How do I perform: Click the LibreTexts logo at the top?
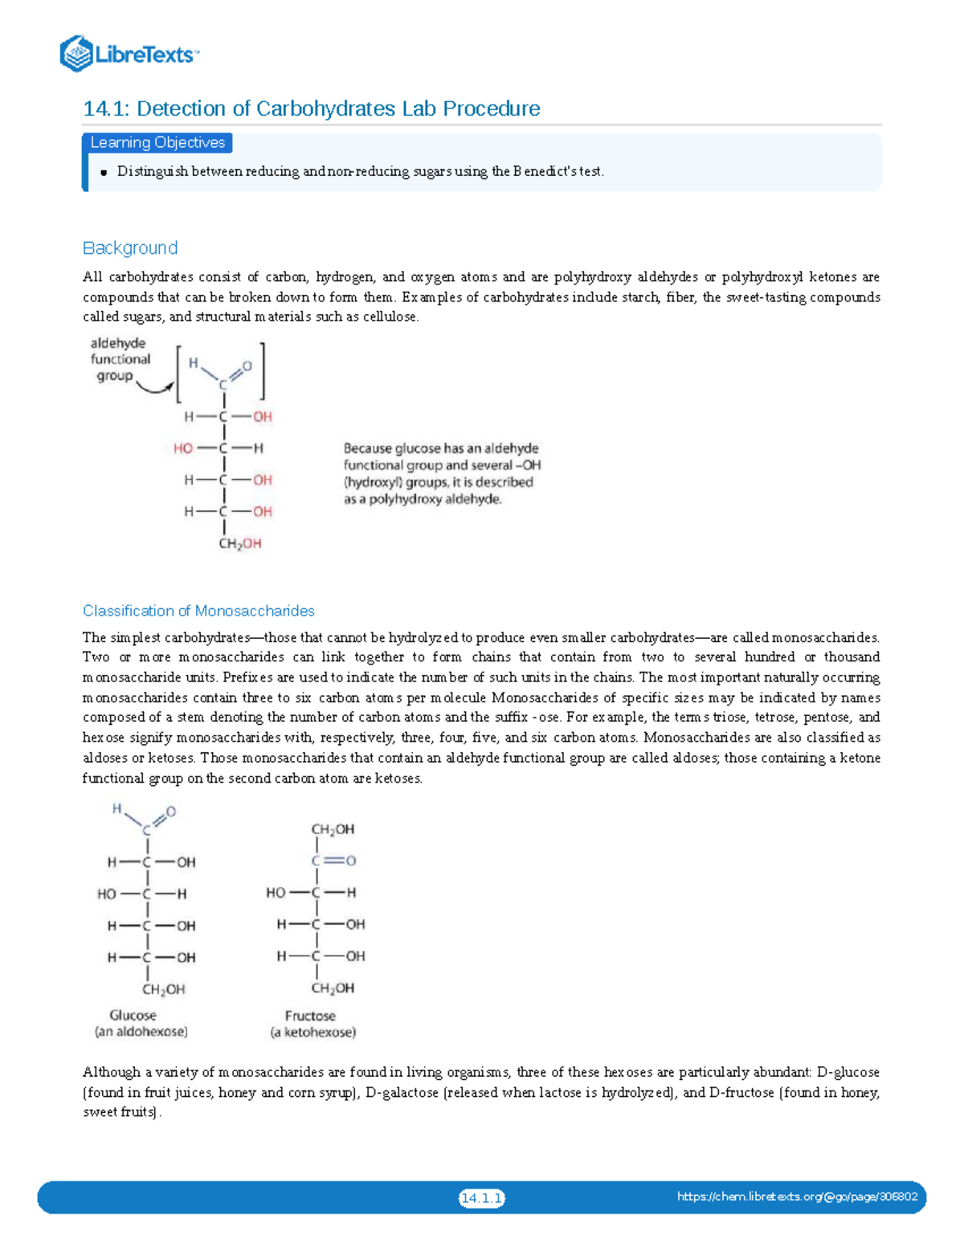pyautogui.click(x=129, y=54)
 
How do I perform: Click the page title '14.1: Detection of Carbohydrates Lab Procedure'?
pyautogui.click(x=311, y=108)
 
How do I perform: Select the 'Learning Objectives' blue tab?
pyautogui.click(x=157, y=143)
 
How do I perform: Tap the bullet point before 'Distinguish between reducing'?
pyautogui.click(x=104, y=172)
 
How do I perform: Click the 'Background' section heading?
pyautogui.click(x=130, y=248)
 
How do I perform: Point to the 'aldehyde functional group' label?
pyautogui.click(x=120, y=359)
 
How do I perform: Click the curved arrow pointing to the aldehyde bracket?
pyautogui.click(x=154, y=389)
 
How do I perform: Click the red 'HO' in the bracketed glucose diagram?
pyautogui.click(x=182, y=448)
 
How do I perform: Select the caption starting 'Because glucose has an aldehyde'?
pyautogui.click(x=441, y=473)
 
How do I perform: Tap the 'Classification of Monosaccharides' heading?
pyautogui.click(x=198, y=611)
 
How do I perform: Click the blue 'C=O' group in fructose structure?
pyautogui.click(x=333, y=861)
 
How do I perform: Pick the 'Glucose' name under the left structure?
pyautogui.click(x=133, y=1016)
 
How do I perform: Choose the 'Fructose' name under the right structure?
pyautogui.click(x=310, y=1016)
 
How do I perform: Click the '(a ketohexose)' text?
pyautogui.click(x=312, y=1033)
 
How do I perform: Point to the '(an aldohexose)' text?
pyautogui.click(x=141, y=1032)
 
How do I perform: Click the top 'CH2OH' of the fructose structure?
pyautogui.click(x=333, y=829)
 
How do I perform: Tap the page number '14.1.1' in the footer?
pyautogui.click(x=481, y=1198)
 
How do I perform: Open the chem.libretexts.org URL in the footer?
pyautogui.click(x=797, y=1197)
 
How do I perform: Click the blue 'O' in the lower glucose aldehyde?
pyautogui.click(x=170, y=812)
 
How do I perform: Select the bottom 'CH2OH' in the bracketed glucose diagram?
pyautogui.click(x=240, y=544)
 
